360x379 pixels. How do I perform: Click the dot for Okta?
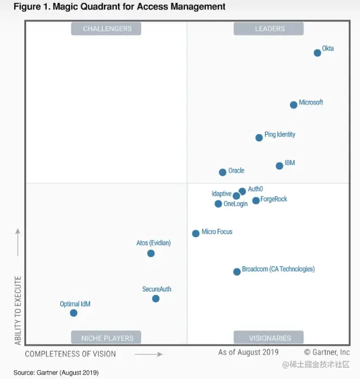pos(317,53)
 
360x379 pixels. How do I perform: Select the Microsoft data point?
pos(294,105)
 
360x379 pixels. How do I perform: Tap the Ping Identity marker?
pos(259,138)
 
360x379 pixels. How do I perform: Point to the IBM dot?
pos(279,165)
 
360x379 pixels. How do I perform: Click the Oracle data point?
pos(222,172)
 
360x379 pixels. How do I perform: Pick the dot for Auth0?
pos(242,192)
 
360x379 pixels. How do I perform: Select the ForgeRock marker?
pos(256,200)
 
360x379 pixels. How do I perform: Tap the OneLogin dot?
pos(218,203)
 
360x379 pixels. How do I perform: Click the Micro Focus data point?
pos(196,233)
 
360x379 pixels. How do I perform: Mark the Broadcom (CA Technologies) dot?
pos(237,272)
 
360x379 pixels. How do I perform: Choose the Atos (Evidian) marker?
pos(151,253)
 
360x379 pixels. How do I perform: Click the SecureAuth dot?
pos(155,298)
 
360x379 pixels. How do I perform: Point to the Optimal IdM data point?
pos(74,313)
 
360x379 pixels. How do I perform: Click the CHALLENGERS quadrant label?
pos(107,28)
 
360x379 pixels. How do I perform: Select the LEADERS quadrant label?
pos(270,28)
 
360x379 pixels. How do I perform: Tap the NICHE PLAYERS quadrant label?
pos(107,338)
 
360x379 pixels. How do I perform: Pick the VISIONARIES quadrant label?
pos(270,338)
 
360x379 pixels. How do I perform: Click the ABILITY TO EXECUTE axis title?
pos(18,310)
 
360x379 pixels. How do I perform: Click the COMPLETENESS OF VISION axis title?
pos(71,354)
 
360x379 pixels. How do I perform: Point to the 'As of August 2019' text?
pos(248,352)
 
